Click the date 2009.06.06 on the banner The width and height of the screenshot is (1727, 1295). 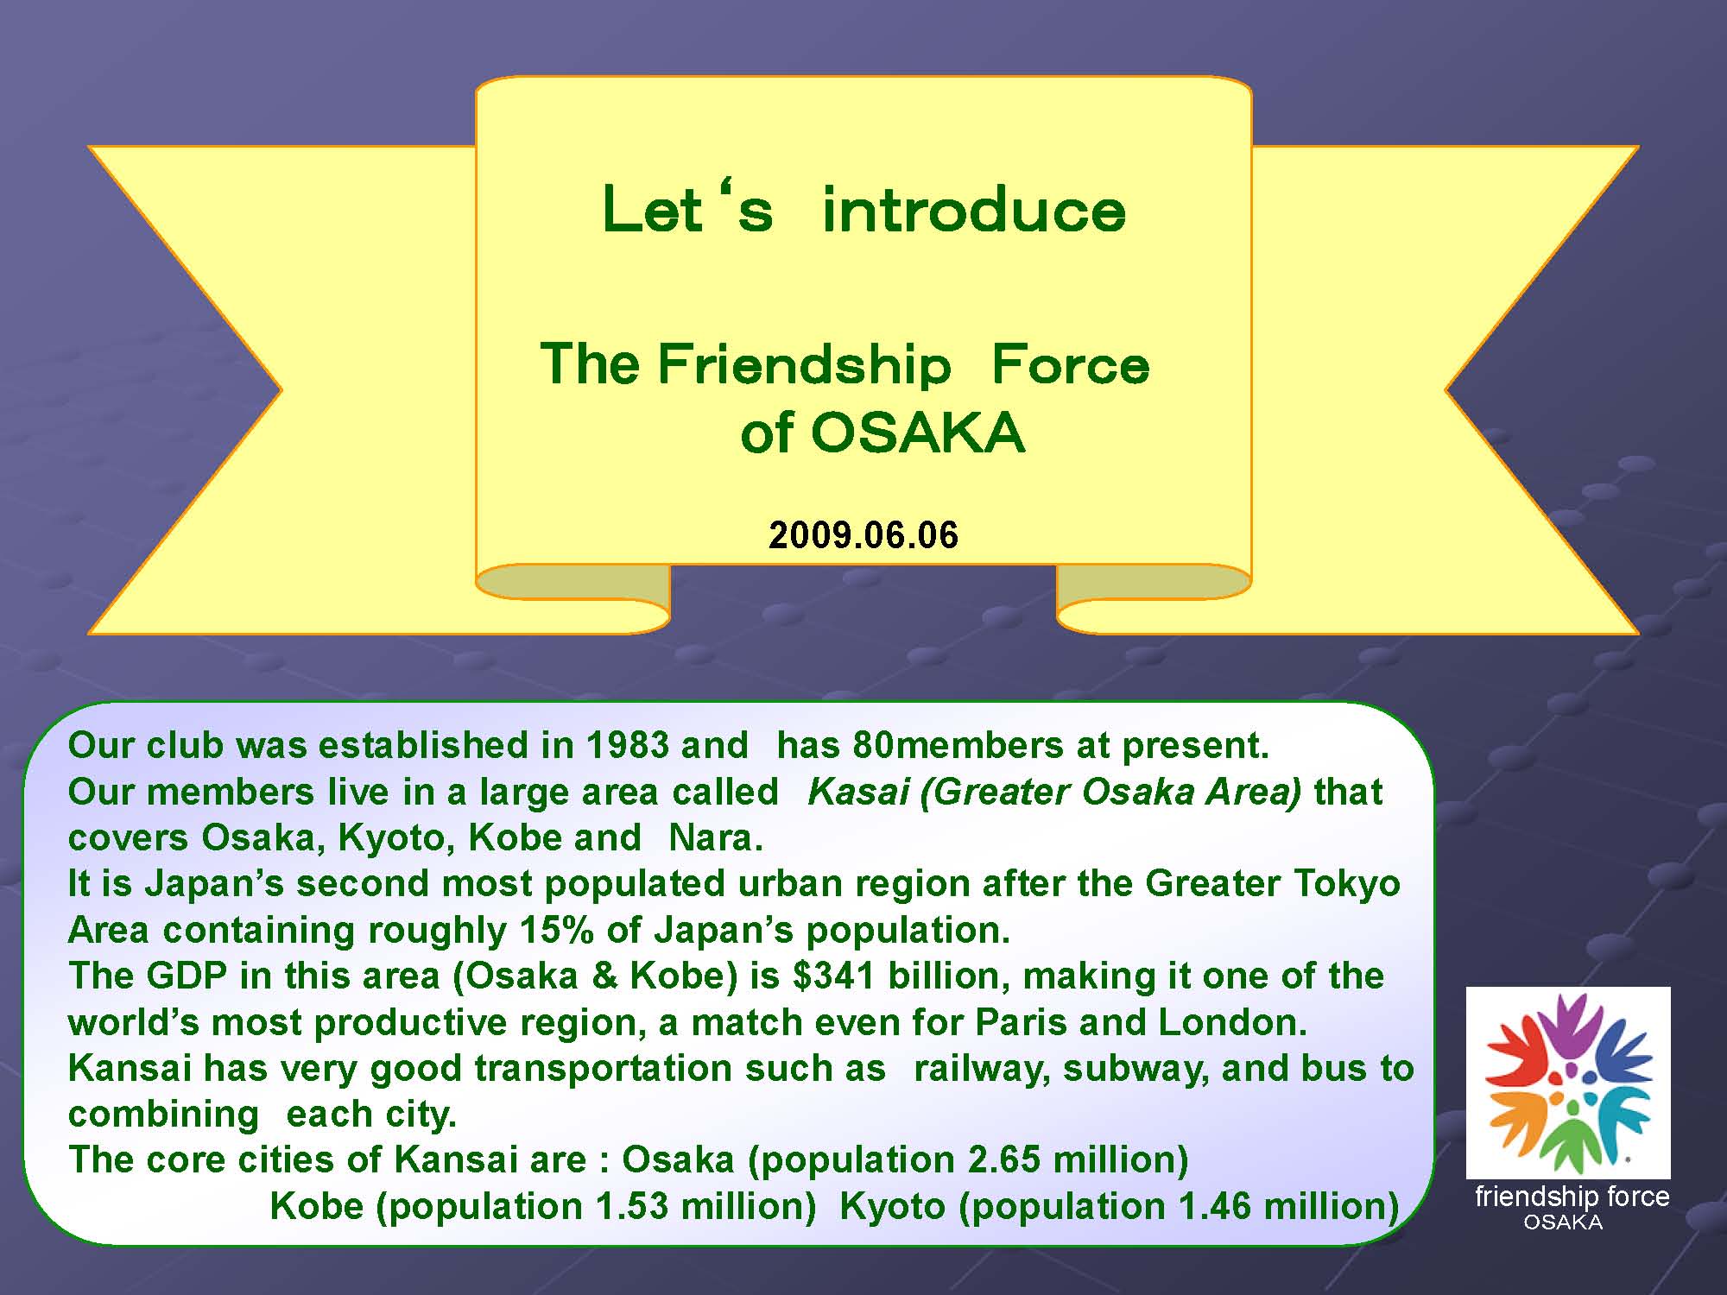(x=863, y=535)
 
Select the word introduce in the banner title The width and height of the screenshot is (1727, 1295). (x=974, y=210)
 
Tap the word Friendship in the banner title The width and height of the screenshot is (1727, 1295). (x=804, y=363)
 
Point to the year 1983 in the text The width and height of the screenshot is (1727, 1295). (x=628, y=745)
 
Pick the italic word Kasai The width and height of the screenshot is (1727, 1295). (x=858, y=792)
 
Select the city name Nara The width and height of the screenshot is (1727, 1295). (x=716, y=837)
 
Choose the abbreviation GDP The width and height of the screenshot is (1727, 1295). (x=187, y=976)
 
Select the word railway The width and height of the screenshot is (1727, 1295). (x=983, y=1069)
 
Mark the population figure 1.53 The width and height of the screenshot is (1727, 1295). (x=633, y=1206)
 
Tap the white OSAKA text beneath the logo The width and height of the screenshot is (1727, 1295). (x=1564, y=1222)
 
